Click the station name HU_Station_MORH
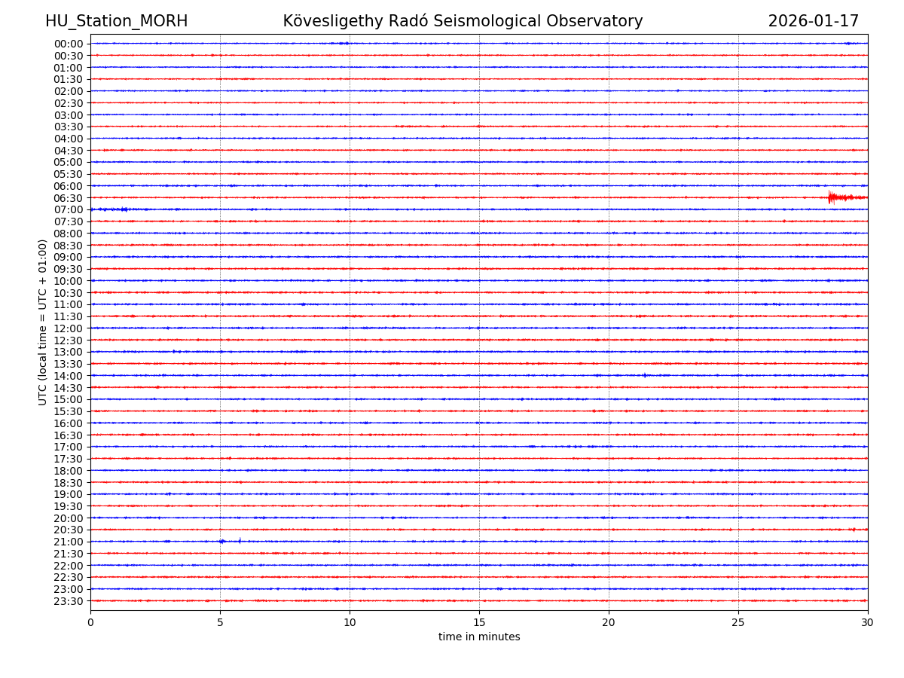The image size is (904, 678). click(x=116, y=22)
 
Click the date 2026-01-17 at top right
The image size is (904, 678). click(x=813, y=22)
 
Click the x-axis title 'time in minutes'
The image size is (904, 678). click(x=479, y=637)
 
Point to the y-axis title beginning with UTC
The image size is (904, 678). click(x=43, y=322)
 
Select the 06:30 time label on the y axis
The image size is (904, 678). click(x=69, y=198)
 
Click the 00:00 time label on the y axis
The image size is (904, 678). click(x=69, y=44)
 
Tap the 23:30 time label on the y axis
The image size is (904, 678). click(x=69, y=601)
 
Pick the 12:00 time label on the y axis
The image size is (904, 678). click(x=69, y=328)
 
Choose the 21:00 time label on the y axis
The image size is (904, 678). click(x=69, y=542)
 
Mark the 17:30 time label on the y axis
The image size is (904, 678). click(x=69, y=459)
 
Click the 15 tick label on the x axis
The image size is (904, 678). click(x=479, y=622)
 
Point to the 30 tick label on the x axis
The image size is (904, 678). click(x=868, y=622)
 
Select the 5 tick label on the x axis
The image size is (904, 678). click(x=220, y=622)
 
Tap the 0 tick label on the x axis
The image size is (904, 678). click(x=90, y=622)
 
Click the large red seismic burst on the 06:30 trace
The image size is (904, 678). click(x=832, y=197)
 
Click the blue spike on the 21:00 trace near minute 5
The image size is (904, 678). click(x=222, y=541)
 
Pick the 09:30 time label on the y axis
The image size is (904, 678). click(x=69, y=269)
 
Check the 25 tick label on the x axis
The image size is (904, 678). click(x=738, y=622)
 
